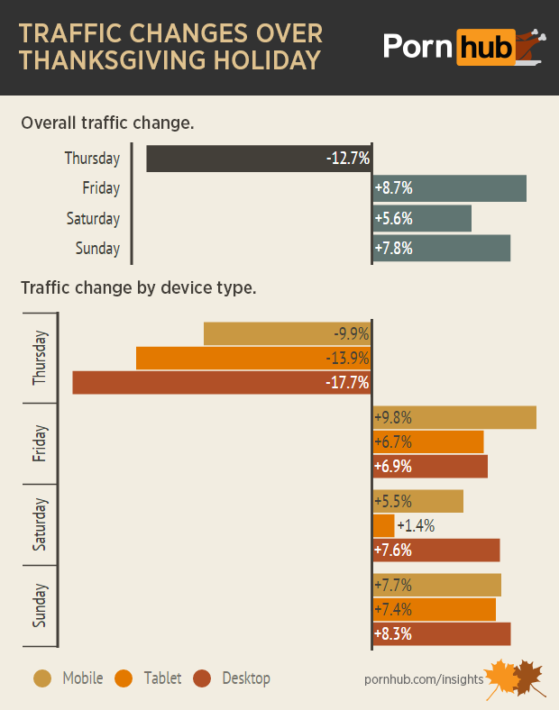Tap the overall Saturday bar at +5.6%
[x=422, y=218]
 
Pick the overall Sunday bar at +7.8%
[x=441, y=248]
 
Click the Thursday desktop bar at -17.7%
[x=222, y=383]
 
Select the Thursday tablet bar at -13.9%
[x=253, y=359]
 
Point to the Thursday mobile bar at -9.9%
[x=288, y=334]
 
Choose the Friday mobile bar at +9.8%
[x=454, y=418]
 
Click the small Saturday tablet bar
[x=383, y=526]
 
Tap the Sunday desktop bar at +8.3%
[x=442, y=634]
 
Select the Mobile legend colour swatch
[x=42, y=678]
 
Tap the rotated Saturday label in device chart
[x=40, y=525]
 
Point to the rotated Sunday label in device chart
[x=40, y=605]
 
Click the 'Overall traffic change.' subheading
[x=107, y=123]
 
